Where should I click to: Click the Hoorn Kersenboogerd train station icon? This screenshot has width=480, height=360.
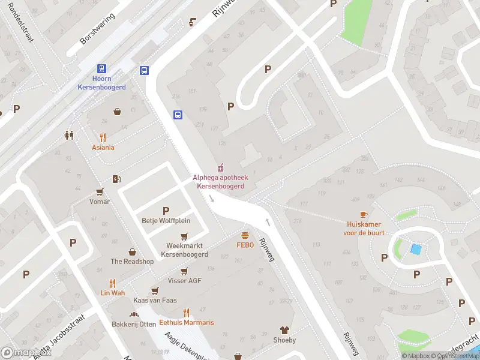click(101, 69)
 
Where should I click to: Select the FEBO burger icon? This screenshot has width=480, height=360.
click(245, 235)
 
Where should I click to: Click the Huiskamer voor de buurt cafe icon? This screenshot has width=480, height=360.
click(364, 214)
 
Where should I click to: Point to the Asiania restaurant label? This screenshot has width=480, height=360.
click(103, 148)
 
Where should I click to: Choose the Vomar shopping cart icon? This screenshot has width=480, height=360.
click(100, 192)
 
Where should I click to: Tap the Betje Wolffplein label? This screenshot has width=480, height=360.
click(166, 220)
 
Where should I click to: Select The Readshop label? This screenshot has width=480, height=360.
click(132, 262)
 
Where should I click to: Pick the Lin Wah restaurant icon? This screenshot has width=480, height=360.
click(112, 283)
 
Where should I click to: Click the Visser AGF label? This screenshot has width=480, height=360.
click(184, 281)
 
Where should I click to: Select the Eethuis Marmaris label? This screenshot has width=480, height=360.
click(186, 323)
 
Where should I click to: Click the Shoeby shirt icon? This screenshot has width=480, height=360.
click(284, 330)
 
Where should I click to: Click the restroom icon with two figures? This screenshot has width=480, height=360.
click(69, 135)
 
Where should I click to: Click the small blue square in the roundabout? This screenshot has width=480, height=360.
click(415, 248)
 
